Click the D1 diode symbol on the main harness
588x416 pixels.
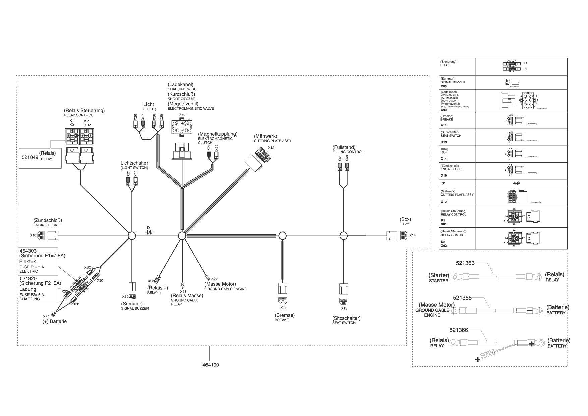coord(149,232)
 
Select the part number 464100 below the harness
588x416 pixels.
coord(211,365)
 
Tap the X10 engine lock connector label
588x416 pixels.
coord(33,235)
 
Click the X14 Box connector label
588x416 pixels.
coord(412,235)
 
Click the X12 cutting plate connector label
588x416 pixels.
coord(271,148)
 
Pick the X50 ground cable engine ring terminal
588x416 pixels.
coord(208,278)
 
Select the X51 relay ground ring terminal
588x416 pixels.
coord(182,285)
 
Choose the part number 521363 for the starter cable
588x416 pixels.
coord(465,263)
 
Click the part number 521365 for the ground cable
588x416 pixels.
coord(462,297)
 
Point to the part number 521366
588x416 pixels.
coord(458,330)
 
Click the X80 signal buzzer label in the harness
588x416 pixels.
coord(125,296)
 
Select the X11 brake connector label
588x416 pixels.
coord(284,308)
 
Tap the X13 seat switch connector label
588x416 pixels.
coord(344,308)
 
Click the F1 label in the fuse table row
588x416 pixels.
coord(525,63)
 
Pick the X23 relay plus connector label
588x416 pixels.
coord(151,281)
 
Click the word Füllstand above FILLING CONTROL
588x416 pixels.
coord(344,147)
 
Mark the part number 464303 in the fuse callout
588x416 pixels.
coord(28,251)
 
